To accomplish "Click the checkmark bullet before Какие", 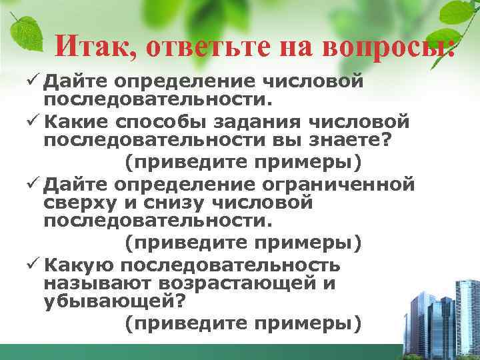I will click(x=35, y=123).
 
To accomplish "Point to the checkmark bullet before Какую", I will click(x=35, y=265).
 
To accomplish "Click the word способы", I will click(x=155, y=123).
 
